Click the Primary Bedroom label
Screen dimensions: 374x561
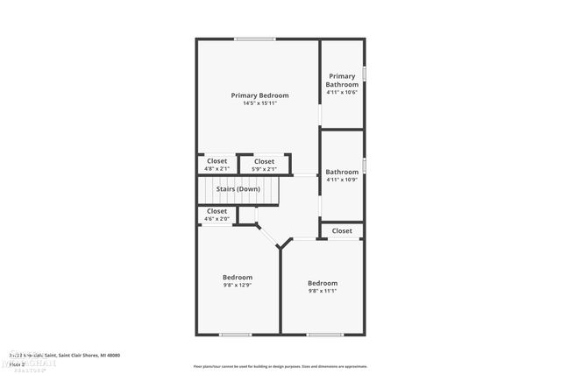point(259,95)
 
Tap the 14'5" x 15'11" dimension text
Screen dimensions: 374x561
point(259,103)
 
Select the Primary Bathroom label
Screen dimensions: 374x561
point(342,80)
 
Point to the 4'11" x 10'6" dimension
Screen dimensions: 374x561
point(342,92)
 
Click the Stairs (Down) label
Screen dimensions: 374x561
point(238,189)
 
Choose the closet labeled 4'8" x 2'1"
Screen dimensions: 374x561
point(217,165)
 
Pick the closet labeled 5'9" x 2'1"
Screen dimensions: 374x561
point(264,165)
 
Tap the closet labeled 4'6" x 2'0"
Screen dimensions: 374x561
point(217,215)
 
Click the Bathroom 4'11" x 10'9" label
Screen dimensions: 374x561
point(342,176)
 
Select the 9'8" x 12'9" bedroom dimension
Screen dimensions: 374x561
point(238,285)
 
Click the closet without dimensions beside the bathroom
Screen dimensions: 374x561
point(342,231)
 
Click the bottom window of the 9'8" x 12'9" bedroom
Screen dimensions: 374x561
point(235,334)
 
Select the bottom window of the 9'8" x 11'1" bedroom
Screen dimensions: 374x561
point(324,334)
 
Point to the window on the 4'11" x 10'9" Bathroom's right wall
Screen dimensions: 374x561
point(364,166)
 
